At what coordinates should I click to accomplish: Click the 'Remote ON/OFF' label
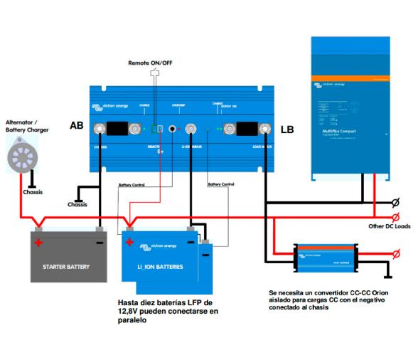coord(149,63)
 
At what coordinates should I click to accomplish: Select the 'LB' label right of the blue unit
coord(287,130)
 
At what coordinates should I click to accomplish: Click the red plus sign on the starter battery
coord(40,243)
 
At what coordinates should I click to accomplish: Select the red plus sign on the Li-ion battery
coord(129,243)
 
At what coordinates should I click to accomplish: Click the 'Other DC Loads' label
coord(389,227)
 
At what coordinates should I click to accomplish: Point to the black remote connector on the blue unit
coord(171,129)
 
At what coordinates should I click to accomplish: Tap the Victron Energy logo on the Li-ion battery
coord(159,245)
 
